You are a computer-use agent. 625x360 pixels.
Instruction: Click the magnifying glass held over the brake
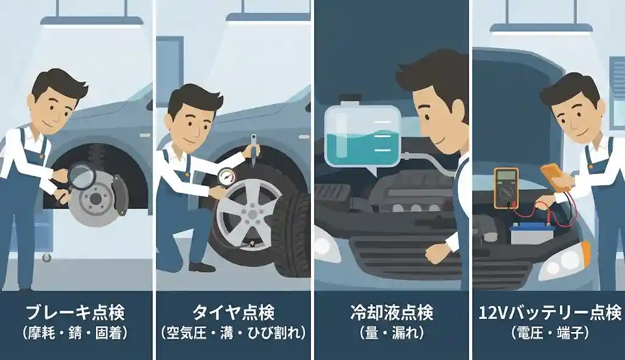coord(81,176)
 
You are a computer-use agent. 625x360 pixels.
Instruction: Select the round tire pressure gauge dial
coord(225,177)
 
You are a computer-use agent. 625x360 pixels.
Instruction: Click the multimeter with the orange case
coord(505,187)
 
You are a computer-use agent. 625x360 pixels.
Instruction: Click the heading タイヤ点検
coord(233,314)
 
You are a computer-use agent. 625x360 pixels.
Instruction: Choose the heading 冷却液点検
coord(392,314)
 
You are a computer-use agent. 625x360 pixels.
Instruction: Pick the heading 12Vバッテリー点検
coord(547,314)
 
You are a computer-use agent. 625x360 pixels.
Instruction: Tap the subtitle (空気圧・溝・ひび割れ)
coord(233,334)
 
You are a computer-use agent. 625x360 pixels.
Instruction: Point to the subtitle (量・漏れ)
coord(392,334)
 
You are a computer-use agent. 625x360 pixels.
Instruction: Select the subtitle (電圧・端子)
coord(547,334)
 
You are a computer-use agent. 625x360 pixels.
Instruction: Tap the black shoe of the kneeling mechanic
coord(201,267)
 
